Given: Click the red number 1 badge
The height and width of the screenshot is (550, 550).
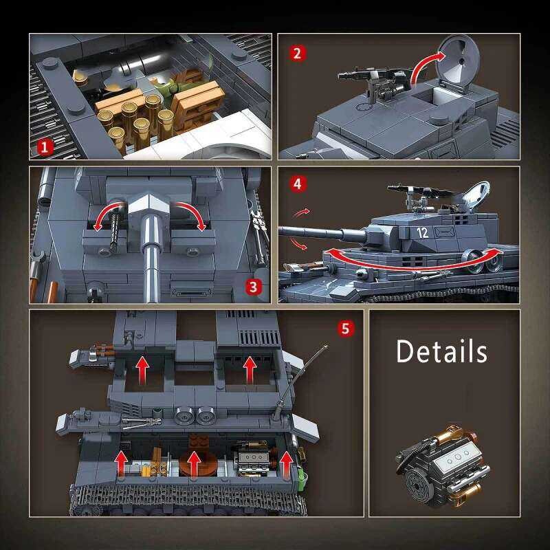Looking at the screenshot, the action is (x=44, y=147).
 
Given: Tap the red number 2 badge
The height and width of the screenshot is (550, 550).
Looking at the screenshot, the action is (x=298, y=54).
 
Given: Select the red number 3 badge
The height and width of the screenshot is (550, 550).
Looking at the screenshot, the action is (x=253, y=287).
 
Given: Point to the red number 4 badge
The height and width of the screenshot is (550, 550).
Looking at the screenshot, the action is (x=298, y=184).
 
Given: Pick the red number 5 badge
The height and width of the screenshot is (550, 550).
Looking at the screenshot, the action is (x=346, y=329).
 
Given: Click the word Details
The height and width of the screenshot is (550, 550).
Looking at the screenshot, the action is (x=441, y=351).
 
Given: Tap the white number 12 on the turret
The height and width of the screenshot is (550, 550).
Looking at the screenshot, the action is (x=422, y=232).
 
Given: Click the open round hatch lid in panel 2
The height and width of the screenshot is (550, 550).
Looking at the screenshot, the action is (x=459, y=64).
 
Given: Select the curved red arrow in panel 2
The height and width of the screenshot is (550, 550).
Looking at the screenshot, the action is (x=424, y=63).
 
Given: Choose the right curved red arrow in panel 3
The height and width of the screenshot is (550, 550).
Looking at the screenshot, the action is (x=192, y=210).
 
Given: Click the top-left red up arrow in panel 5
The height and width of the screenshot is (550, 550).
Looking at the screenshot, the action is (x=142, y=370).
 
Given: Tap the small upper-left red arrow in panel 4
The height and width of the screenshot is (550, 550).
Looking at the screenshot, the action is (x=302, y=212).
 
